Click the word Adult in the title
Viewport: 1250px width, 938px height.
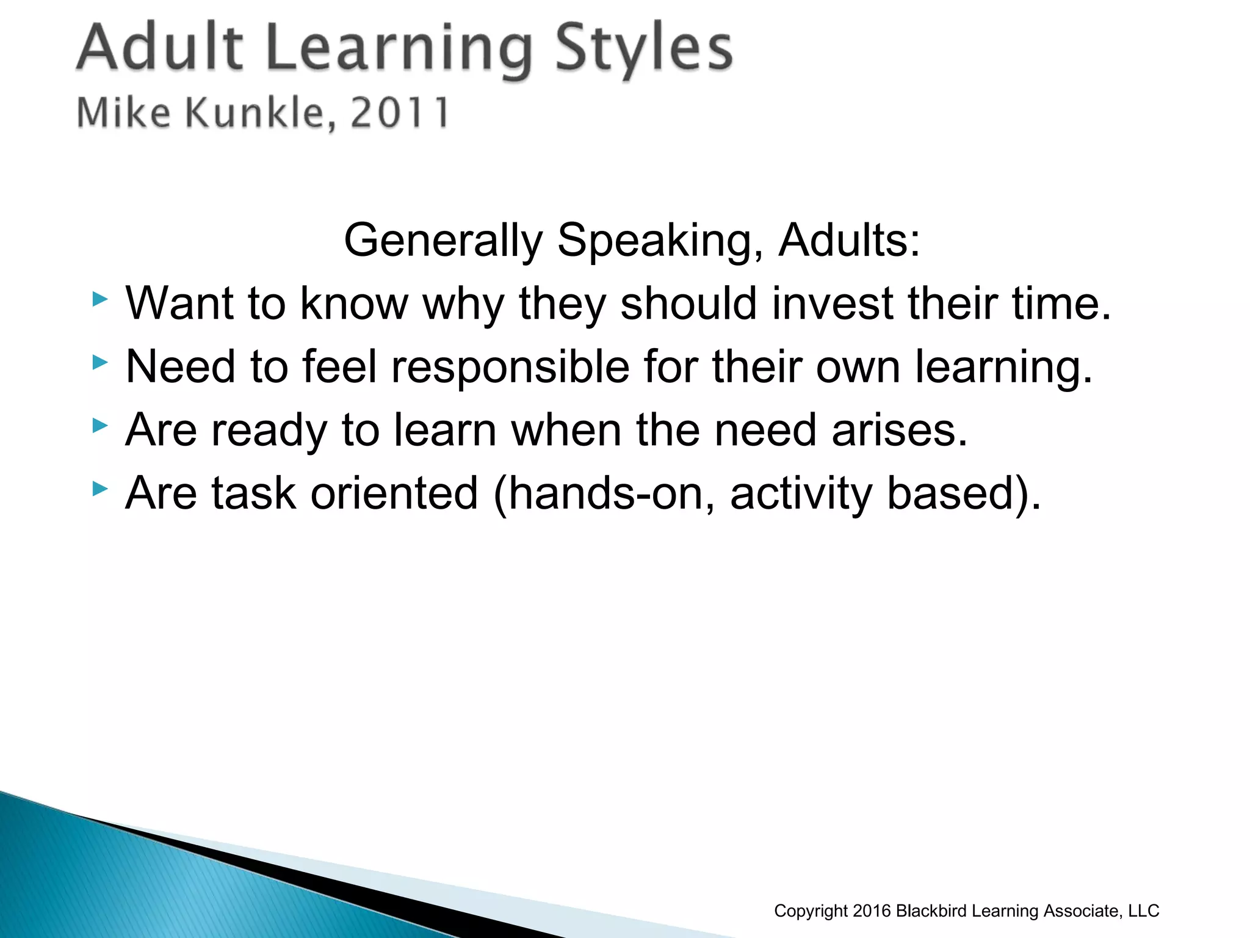[x=161, y=48]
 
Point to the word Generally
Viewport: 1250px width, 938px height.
[x=443, y=241]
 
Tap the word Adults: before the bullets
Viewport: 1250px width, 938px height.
[x=849, y=241]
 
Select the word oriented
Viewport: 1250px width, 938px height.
[x=394, y=493]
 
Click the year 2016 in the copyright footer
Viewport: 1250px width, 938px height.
[x=872, y=911]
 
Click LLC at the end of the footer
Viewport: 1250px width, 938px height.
[x=1143, y=911]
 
